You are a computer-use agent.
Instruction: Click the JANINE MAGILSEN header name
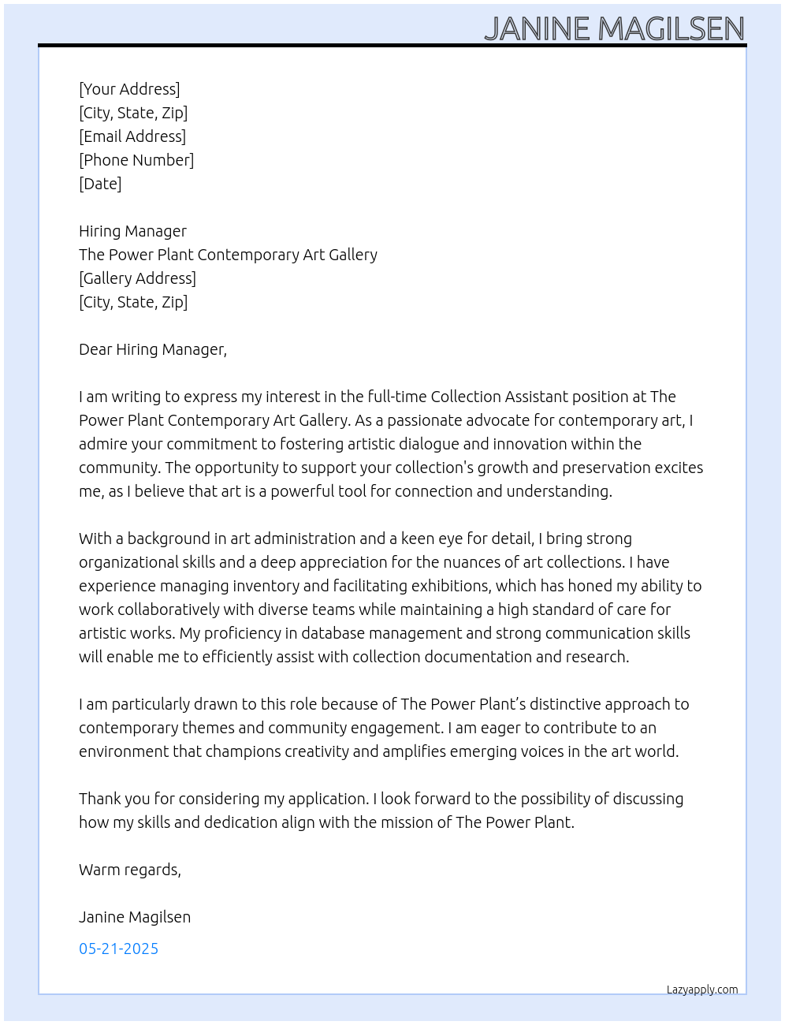point(614,29)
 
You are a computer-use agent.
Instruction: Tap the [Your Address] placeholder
point(129,89)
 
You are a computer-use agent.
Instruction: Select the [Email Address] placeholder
point(132,136)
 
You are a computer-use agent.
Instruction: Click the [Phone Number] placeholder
point(136,160)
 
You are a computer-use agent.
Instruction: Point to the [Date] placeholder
point(100,184)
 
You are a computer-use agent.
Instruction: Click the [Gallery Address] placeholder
point(137,278)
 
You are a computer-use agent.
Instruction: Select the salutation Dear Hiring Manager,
point(153,349)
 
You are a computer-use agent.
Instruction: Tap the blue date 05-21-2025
point(118,949)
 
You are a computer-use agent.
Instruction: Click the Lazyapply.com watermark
point(702,990)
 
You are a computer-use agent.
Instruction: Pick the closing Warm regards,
point(130,870)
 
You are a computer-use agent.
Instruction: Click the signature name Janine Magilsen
point(135,917)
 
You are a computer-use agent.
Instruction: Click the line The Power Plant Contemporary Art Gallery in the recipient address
point(228,255)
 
